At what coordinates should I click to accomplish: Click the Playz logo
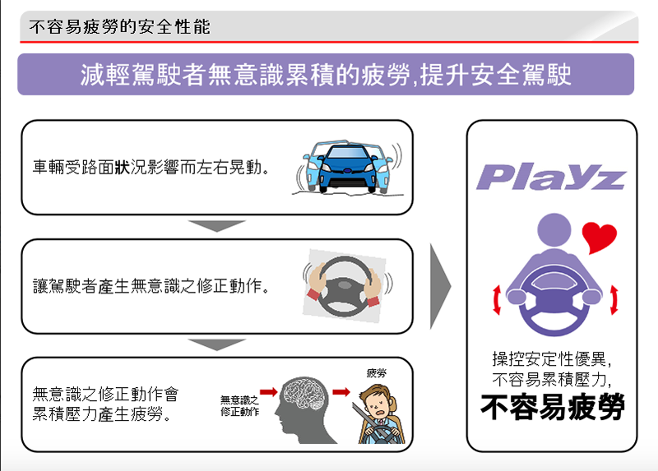(551, 177)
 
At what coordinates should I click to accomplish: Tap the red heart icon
(599, 237)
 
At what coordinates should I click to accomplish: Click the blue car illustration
(348, 167)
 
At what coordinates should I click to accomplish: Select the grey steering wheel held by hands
(345, 285)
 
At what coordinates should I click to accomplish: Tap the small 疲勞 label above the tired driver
(376, 373)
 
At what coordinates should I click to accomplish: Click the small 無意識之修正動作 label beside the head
(239, 406)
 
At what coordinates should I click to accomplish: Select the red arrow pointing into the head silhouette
(269, 392)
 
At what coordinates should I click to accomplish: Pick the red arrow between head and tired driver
(341, 392)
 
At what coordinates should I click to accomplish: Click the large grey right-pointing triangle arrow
(440, 287)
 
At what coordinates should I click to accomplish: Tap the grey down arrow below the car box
(216, 226)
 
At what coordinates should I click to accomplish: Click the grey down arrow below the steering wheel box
(216, 344)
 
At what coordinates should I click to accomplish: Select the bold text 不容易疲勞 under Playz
(553, 406)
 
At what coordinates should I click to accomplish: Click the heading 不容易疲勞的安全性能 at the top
(119, 27)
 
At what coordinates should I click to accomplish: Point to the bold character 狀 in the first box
(122, 168)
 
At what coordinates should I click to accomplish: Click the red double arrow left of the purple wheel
(497, 299)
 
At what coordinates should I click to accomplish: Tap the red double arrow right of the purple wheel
(614, 299)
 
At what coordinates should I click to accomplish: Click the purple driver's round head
(554, 230)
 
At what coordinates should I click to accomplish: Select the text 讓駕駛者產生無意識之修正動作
(151, 286)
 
